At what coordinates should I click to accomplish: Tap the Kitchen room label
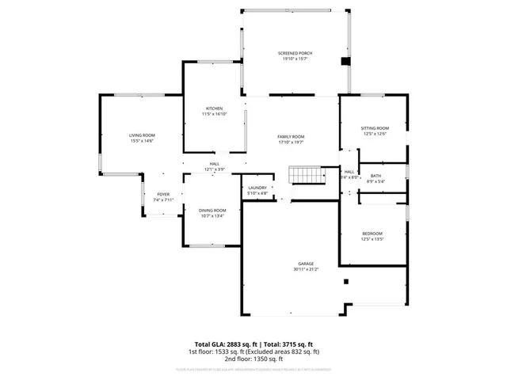pyautogui.click(x=215, y=108)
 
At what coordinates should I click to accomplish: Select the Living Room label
pyautogui.click(x=143, y=135)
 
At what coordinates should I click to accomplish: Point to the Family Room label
pyautogui.click(x=291, y=136)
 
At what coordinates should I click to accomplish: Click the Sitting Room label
pyautogui.click(x=375, y=128)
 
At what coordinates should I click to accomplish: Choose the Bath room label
pyautogui.click(x=375, y=176)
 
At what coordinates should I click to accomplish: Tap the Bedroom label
pyautogui.click(x=372, y=233)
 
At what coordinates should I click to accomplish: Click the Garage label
pyautogui.click(x=306, y=264)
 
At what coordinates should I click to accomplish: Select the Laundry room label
pyautogui.click(x=257, y=188)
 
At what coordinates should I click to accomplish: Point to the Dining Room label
pyautogui.click(x=212, y=210)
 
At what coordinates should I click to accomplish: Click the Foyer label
pyautogui.click(x=163, y=194)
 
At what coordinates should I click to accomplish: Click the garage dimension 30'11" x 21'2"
pyautogui.click(x=306, y=269)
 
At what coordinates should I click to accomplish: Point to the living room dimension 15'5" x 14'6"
pyautogui.click(x=143, y=141)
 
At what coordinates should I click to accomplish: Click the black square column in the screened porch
pyautogui.click(x=345, y=61)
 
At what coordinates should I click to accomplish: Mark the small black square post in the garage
pyautogui.click(x=345, y=280)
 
